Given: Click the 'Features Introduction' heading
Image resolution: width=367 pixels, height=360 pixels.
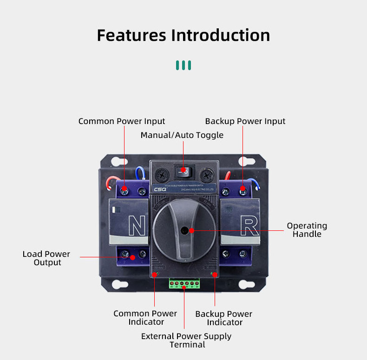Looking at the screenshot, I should pyautogui.click(x=183, y=35).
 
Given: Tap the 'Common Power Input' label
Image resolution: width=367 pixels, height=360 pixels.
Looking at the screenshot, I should pyautogui.click(x=121, y=121).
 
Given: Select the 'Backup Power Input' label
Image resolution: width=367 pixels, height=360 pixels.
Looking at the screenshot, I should pyautogui.click(x=245, y=121).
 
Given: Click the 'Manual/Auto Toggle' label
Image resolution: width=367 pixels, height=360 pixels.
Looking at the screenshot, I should pyautogui.click(x=182, y=135).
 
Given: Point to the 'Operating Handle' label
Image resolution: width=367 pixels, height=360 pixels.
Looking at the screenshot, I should pyautogui.click(x=307, y=230).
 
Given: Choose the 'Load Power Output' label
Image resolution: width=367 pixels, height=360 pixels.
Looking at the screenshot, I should pyautogui.click(x=46, y=258).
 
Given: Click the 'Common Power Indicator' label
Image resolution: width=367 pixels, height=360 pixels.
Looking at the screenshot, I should pyautogui.click(x=145, y=318).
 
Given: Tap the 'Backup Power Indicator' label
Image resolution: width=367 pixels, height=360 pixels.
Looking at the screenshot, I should pyautogui.click(x=224, y=318).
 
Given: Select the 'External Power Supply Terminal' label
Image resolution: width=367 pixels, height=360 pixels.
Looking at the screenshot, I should pyautogui.click(x=186, y=340).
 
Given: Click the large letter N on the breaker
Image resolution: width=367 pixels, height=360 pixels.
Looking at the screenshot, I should pyautogui.click(x=137, y=227).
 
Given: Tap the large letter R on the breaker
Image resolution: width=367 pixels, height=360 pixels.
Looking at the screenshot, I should pyautogui.click(x=249, y=227).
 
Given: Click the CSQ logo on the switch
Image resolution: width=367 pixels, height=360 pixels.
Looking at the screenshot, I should pyautogui.click(x=160, y=189).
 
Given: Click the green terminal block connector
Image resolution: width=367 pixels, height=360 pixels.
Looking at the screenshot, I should pyautogui.click(x=184, y=283).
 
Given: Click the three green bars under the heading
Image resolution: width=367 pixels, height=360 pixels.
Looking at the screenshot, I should pyautogui.click(x=183, y=65).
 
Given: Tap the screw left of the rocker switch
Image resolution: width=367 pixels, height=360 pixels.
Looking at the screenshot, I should pyautogui.click(x=162, y=175).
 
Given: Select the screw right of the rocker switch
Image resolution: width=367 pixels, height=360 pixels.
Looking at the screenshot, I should pyautogui.click(x=206, y=175).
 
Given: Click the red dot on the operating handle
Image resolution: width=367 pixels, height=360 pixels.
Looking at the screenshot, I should pyautogui.click(x=191, y=230).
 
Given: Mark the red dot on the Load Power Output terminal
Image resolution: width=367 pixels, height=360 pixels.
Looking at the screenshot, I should pyautogui.click(x=132, y=257).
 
